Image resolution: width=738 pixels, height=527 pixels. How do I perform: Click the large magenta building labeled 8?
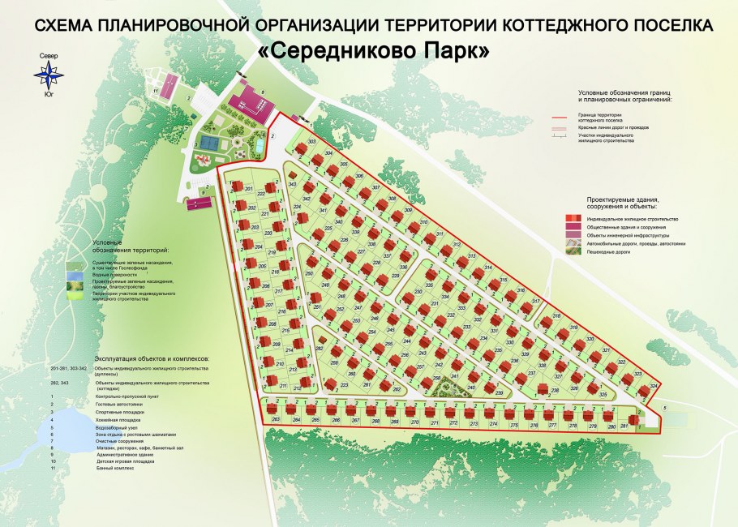point(251,105)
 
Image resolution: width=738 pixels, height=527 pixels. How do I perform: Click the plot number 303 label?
point(312,142)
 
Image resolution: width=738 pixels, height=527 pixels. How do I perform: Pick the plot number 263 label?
point(276,419)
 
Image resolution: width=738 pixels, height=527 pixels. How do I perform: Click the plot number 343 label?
point(293,185)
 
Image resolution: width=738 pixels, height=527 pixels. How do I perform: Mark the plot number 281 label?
point(624,426)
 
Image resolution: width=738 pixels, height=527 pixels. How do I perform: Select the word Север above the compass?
point(47,55)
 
